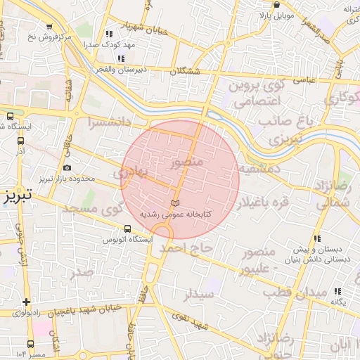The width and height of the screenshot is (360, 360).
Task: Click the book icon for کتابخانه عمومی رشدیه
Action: coord(175,203)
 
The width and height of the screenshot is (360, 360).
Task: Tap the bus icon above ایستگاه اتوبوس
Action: coord(128,229)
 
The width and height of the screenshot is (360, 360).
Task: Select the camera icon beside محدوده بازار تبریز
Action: coord(67,168)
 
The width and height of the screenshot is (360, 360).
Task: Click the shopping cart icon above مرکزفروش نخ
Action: coord(49,27)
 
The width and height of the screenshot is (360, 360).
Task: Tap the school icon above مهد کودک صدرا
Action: coord(108,33)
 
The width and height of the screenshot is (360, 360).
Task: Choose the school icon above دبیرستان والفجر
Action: coord(121,58)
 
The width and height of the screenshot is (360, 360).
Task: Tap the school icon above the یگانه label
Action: coord(337,291)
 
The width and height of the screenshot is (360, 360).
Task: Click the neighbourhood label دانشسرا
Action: coord(109,122)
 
